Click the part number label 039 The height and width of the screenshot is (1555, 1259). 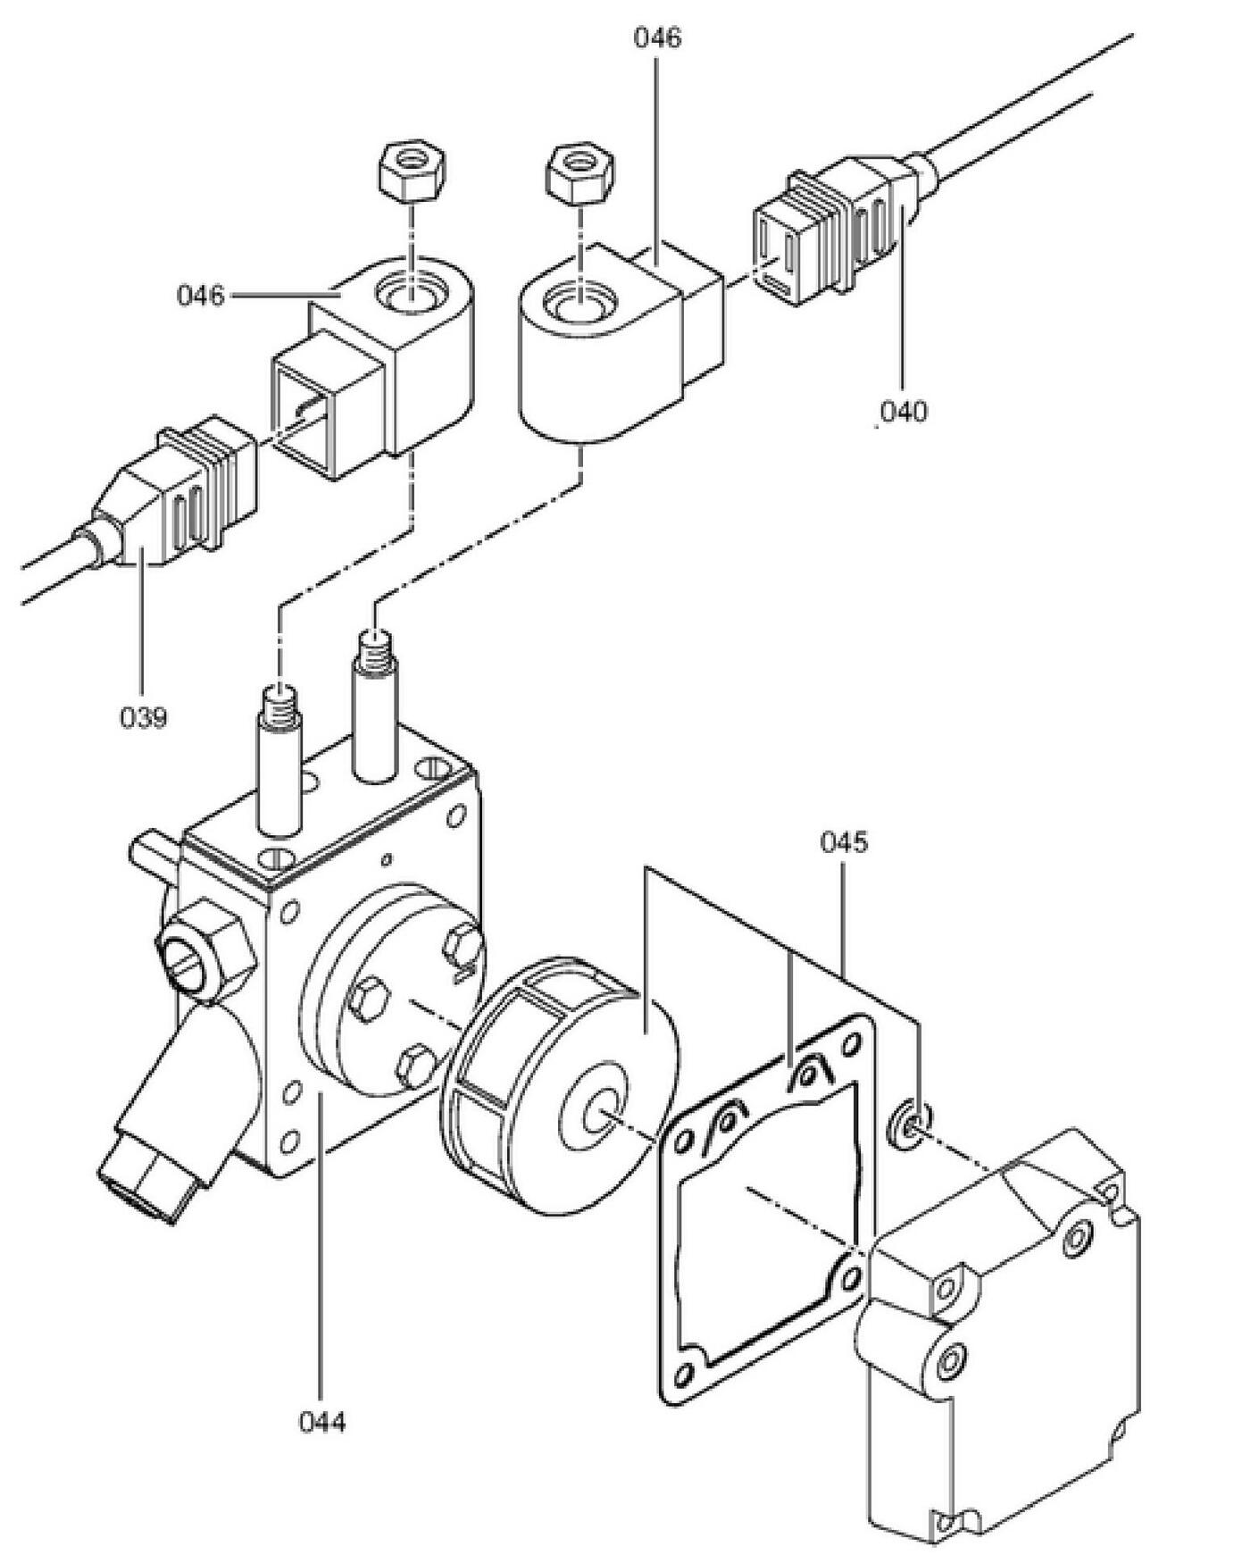(x=143, y=717)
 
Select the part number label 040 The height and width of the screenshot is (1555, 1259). (x=903, y=412)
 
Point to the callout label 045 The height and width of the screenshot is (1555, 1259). (x=844, y=842)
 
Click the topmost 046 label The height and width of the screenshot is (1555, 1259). (x=657, y=38)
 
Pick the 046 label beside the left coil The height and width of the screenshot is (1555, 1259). (x=200, y=295)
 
